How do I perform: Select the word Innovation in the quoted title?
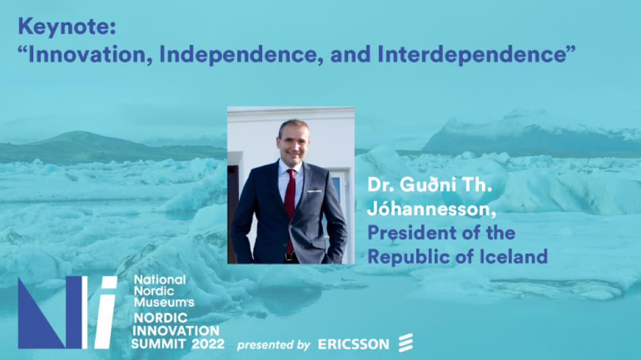[x=87, y=54]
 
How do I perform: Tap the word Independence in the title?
[x=239, y=54]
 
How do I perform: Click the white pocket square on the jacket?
[x=313, y=191]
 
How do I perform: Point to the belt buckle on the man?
[x=290, y=257]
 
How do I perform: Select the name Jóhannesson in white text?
[x=431, y=210]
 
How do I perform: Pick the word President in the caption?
[x=412, y=233]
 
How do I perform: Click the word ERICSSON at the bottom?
[x=354, y=345]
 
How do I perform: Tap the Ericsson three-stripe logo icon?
[x=406, y=343]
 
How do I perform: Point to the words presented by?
[x=274, y=345]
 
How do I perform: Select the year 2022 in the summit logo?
[x=208, y=343]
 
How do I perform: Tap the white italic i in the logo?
[x=106, y=313]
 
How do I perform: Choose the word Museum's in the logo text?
[x=164, y=302]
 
